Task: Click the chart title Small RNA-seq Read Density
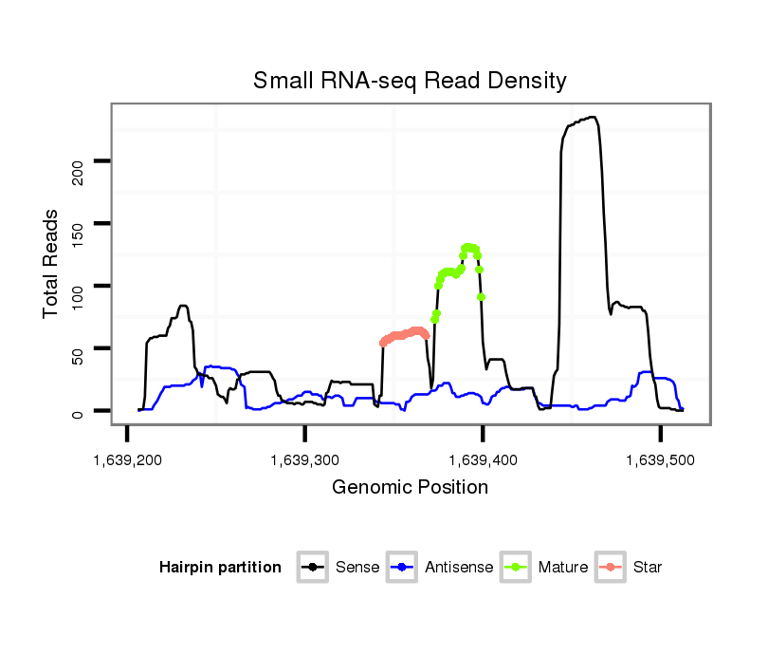410,81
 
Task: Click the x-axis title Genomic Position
410,488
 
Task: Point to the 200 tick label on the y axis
80,173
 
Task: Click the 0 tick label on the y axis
80,413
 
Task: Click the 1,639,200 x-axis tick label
127,460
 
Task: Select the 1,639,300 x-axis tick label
304,460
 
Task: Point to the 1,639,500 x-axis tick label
660,460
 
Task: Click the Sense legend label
357,568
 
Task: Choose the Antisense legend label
459,568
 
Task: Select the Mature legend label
563,568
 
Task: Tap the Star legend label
647,568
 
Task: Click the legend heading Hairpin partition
220,568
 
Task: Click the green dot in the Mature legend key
520,568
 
